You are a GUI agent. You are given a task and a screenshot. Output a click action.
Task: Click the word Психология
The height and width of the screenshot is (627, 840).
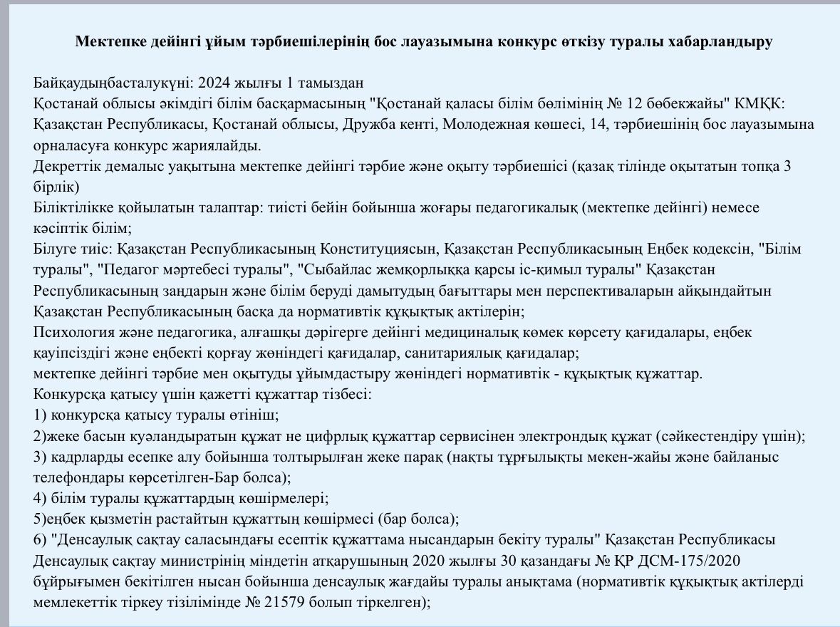point(69,332)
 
